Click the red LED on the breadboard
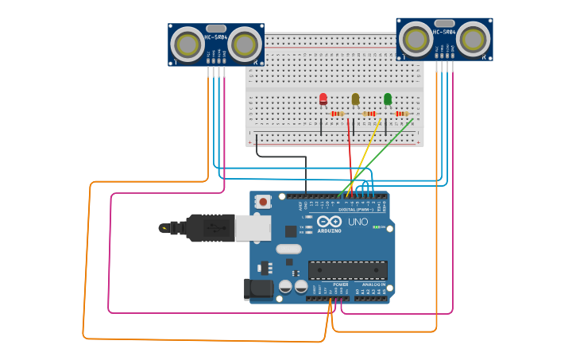click(x=323, y=99)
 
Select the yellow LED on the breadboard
click(x=355, y=99)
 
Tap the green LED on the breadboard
click(x=388, y=99)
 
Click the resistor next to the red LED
click(x=337, y=114)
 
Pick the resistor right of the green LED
click(x=401, y=114)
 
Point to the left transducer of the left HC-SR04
click(x=187, y=45)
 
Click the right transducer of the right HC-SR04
click(x=474, y=38)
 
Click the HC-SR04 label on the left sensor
click(x=216, y=37)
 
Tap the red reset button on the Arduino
click(x=263, y=202)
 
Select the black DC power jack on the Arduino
click(x=258, y=288)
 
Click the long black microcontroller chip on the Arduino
click(x=347, y=269)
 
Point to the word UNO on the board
click(x=358, y=222)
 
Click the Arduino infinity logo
click(x=328, y=222)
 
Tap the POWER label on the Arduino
click(x=340, y=284)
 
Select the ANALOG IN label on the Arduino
click(x=373, y=284)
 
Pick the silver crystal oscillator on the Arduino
click(x=288, y=249)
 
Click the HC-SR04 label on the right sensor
click(x=444, y=32)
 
